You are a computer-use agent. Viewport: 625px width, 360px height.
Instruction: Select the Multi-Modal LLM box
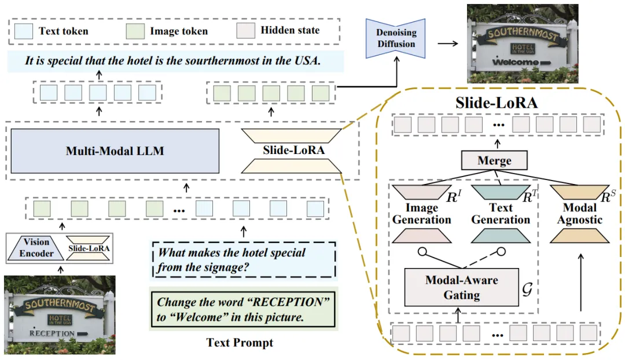pos(115,151)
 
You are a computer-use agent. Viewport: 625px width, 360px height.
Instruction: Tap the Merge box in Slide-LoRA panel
pos(494,160)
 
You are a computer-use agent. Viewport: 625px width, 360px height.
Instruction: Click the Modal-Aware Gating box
pos(461,287)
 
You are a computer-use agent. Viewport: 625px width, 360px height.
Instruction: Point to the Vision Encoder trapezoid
pos(36,248)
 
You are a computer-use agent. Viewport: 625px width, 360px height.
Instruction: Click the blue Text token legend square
pos(24,31)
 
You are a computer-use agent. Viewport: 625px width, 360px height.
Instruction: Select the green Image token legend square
pos(135,31)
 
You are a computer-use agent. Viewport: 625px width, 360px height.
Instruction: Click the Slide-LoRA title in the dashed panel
pos(497,104)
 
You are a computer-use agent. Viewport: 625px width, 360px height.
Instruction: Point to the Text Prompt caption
pos(240,343)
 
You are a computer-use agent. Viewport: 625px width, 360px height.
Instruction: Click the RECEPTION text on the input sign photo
pos(53,333)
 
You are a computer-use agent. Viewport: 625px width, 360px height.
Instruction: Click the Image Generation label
pos(421,214)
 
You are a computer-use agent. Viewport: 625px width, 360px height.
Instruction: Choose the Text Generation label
pos(501,214)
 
